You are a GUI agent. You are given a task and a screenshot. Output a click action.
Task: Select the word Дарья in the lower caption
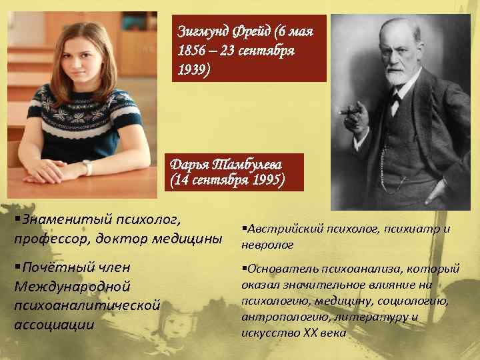[187, 164]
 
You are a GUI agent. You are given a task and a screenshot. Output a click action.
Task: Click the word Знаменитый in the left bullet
[57, 219]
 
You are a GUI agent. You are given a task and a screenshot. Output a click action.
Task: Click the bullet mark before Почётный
[17, 268]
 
